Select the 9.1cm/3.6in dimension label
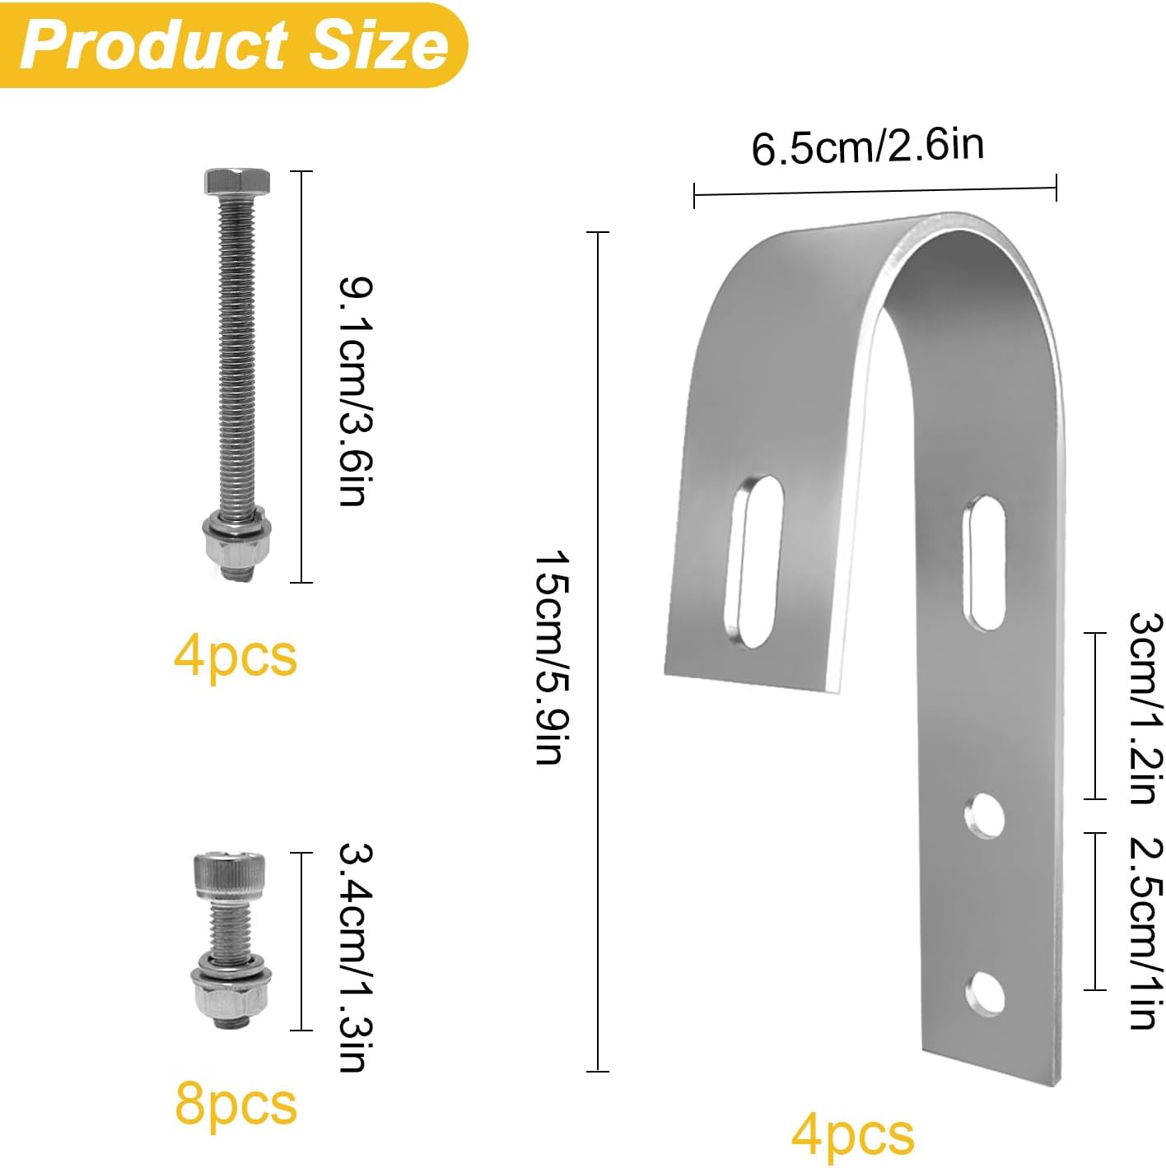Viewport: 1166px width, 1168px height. click(356, 391)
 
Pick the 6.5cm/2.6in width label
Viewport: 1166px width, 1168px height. click(868, 147)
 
